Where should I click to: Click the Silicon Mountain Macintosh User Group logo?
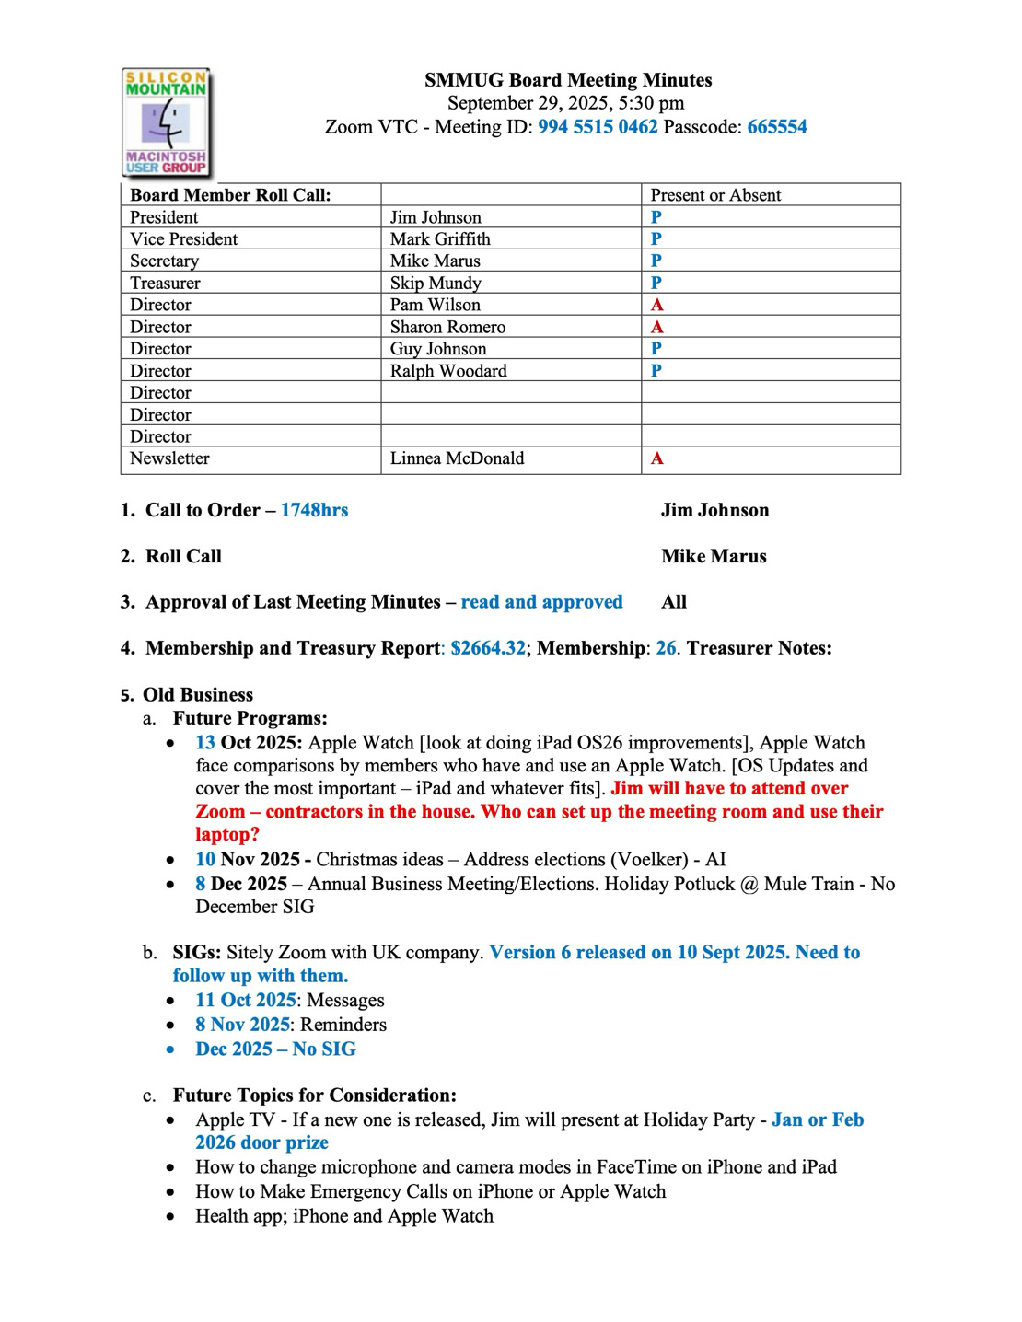click(x=167, y=122)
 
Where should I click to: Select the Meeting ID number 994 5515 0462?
click(x=598, y=127)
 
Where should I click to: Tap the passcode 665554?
click(x=777, y=127)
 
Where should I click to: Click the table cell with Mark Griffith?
click(x=440, y=239)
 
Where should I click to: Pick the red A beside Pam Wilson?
click(x=656, y=305)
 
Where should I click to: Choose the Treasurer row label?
click(x=165, y=283)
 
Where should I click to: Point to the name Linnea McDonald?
click(x=457, y=458)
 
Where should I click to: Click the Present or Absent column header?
click(x=715, y=195)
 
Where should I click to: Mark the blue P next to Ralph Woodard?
click(x=656, y=371)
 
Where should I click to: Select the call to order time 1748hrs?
click(x=314, y=510)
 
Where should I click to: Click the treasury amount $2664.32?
click(x=488, y=648)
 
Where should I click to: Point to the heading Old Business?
click(x=198, y=695)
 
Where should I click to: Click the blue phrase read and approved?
click(x=541, y=602)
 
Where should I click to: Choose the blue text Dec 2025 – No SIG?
click(x=275, y=1049)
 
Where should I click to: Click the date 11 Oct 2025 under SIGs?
click(x=245, y=1001)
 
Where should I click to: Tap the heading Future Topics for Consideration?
click(x=314, y=1096)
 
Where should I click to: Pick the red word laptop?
click(x=227, y=835)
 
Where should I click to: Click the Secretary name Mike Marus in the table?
click(x=435, y=261)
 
